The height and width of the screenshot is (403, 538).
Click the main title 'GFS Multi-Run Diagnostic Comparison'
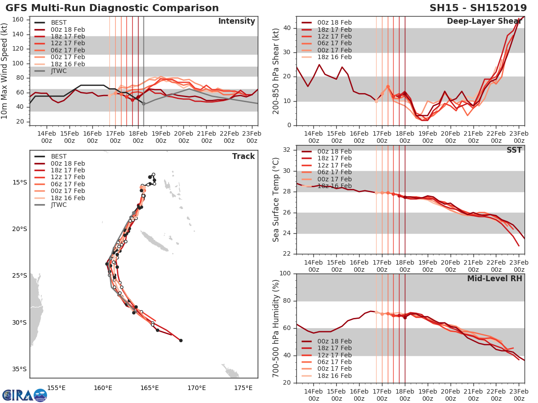[112, 8]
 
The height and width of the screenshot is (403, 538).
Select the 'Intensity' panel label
[236, 21]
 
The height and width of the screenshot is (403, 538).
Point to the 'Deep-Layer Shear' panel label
[484, 21]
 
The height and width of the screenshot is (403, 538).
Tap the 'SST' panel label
[514, 150]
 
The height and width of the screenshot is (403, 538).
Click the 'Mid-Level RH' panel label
[495, 279]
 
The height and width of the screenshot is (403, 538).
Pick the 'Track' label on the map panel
[243, 156]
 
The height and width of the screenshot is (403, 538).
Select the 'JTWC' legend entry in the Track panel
[58, 205]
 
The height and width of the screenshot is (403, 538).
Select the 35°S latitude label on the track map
[20, 369]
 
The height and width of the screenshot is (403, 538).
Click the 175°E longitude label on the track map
[243, 388]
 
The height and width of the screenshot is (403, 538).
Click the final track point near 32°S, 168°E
[181, 340]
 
